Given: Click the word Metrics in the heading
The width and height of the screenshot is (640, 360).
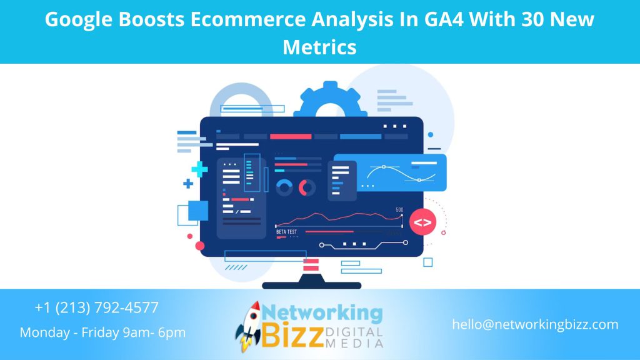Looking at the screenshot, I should point(319,47).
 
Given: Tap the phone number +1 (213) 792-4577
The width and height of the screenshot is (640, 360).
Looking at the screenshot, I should point(97,307).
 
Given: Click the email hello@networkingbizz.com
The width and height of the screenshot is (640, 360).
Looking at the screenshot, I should point(536,324).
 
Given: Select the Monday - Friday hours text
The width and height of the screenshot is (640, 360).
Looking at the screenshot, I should point(102,332).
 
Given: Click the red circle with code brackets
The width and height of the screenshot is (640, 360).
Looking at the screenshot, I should point(422,222).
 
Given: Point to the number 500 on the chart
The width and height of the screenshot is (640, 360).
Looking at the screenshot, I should point(399,210).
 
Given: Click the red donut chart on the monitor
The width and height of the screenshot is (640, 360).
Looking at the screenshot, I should point(307,187).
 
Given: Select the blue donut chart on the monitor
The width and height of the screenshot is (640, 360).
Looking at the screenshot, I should point(285,187).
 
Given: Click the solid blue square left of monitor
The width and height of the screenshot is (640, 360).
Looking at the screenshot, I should point(197,210).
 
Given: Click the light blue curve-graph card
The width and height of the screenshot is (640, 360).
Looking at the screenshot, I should point(390,172).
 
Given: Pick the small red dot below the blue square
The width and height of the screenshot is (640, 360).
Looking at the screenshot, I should point(200,246).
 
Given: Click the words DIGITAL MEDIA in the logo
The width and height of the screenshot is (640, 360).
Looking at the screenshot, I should point(354,337).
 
